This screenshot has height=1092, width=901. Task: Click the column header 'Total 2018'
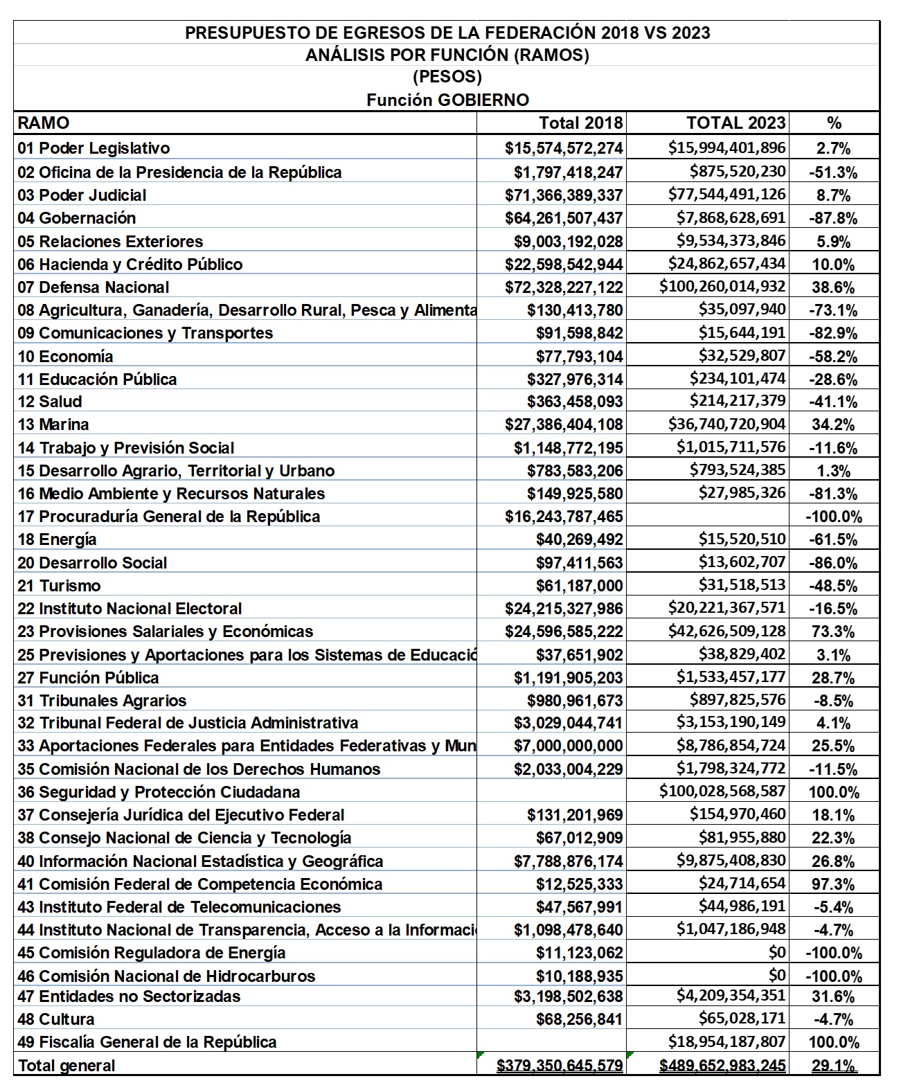pos(580,123)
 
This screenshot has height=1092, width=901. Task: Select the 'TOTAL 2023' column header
pos(735,123)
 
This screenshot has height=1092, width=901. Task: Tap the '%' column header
pos(834,123)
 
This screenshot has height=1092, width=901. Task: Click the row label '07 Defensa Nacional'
pos(93,287)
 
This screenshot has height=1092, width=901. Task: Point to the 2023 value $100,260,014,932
pos(722,286)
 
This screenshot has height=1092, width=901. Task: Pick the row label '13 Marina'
pos(53,424)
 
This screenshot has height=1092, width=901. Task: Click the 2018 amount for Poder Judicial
pos(564,195)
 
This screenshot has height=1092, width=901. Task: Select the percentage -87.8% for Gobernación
pos(833,219)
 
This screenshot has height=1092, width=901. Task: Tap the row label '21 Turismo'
pos(60,586)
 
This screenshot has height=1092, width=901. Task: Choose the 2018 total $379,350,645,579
pos(560,1066)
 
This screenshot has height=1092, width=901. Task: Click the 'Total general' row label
pos(66,1066)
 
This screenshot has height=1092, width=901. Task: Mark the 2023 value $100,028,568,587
pos(722,791)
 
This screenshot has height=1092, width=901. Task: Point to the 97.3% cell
pos(833,884)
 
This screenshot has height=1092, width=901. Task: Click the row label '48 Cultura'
pos(57,1019)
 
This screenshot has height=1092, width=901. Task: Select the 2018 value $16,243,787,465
pos(564,517)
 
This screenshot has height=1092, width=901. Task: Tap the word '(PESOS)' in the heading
pos(447,76)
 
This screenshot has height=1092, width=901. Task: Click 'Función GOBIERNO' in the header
pos(447,100)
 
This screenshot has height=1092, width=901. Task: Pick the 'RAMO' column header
pos(43,123)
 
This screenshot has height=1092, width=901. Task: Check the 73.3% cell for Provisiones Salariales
pos(833,632)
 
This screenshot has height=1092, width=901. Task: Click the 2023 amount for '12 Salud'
pos(738,402)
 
